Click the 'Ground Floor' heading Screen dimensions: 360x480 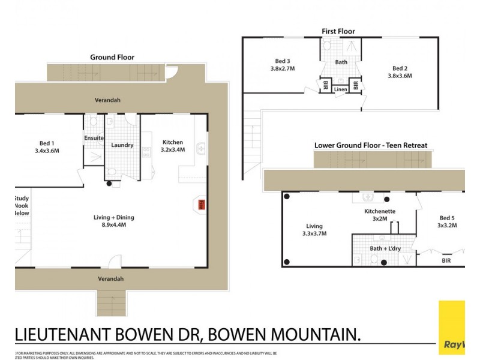(x=112, y=58)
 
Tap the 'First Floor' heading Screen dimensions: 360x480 (x=338, y=31)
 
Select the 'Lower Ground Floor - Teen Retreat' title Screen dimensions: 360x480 (x=370, y=145)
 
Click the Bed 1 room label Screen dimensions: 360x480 (x=47, y=146)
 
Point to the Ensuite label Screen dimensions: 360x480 (x=94, y=138)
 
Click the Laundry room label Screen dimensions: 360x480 (x=122, y=145)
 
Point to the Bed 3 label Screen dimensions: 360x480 (x=281, y=64)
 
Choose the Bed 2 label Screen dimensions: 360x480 (x=400, y=72)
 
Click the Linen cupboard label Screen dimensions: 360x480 (x=341, y=89)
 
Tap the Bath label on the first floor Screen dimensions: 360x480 (x=341, y=62)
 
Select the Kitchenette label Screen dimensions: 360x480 (x=379, y=215)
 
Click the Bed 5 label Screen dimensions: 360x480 (x=447, y=221)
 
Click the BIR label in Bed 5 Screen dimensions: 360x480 (x=446, y=261)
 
